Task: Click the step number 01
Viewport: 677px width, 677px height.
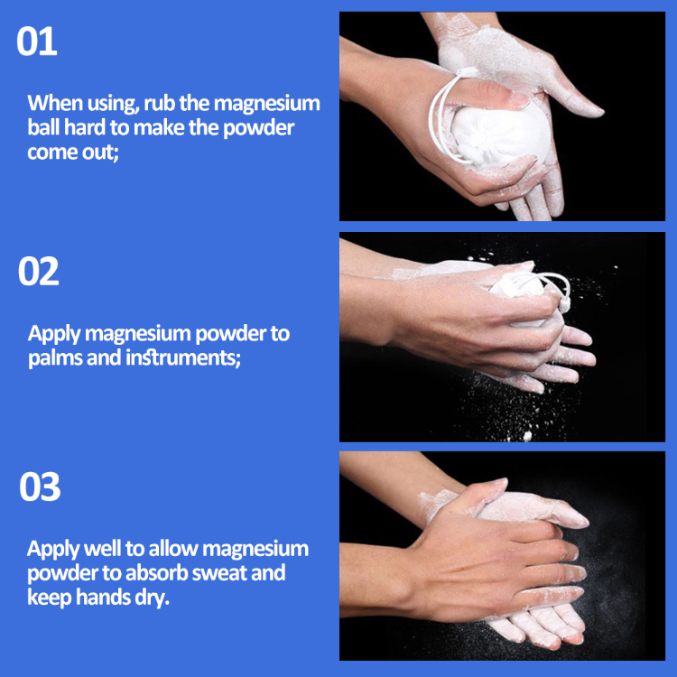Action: [37, 42]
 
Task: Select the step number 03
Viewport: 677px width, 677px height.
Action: [40, 487]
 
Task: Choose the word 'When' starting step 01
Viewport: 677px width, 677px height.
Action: [53, 103]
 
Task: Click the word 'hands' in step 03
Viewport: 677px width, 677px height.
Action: [101, 598]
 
